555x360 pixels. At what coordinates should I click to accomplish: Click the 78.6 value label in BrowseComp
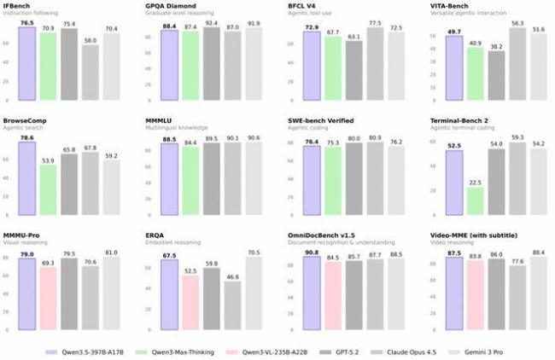26,137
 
